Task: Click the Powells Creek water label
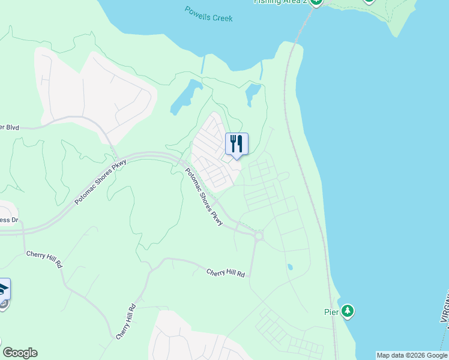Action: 208,14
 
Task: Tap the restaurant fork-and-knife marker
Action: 237,144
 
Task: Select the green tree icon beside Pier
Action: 348,311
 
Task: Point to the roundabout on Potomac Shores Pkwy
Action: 259,236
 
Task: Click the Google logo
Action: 20,353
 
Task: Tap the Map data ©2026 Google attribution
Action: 412,355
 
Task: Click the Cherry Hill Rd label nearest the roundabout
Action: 226,272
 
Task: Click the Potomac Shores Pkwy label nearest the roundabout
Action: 204,197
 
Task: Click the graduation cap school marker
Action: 4,290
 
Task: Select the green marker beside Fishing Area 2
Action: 316,2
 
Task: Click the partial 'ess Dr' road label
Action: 8,220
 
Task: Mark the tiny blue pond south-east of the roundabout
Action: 290,267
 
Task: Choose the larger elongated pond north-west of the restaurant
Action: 186,97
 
